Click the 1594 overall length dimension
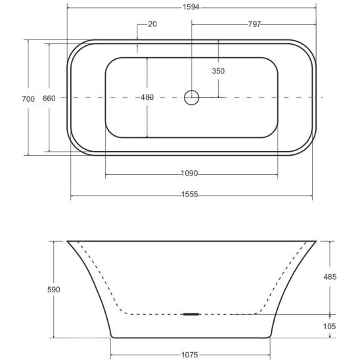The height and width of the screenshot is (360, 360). pyautogui.click(x=191, y=7)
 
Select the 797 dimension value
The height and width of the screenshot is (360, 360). pyautogui.click(x=254, y=24)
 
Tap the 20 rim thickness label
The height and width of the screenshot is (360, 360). pyautogui.click(x=152, y=24)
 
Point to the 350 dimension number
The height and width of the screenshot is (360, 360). pyautogui.click(x=218, y=71)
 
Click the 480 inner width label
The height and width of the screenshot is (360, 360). pyautogui.click(x=147, y=97)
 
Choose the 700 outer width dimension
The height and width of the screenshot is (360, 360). pyautogui.click(x=28, y=99)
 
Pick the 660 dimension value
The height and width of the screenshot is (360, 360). pyautogui.click(x=49, y=99)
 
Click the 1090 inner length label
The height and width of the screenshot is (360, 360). pyautogui.click(x=189, y=173)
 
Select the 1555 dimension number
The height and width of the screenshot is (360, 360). pyautogui.click(x=189, y=194)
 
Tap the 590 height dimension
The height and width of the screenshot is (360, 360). pyautogui.click(x=54, y=290)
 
